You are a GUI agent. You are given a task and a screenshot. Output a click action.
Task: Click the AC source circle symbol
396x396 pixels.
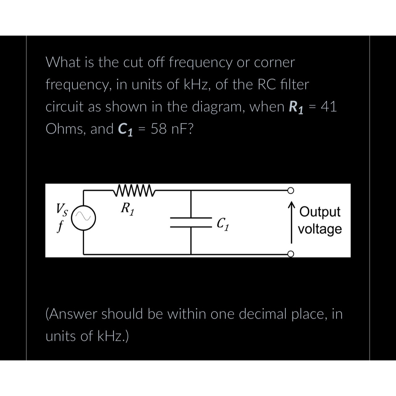[x=83, y=217]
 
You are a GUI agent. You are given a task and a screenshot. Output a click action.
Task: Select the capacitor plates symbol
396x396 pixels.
[x=191, y=222]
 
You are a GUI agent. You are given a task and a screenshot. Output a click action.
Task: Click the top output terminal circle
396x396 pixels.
[x=290, y=190]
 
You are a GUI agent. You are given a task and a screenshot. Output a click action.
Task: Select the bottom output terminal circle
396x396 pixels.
[x=290, y=254]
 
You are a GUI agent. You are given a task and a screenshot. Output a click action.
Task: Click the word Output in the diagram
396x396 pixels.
[x=320, y=212]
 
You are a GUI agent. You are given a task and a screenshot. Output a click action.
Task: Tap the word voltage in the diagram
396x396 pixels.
[x=320, y=229]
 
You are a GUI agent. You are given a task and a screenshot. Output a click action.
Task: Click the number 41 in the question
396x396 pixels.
[x=329, y=107]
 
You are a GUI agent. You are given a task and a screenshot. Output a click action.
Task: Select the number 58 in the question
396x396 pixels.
[x=159, y=129]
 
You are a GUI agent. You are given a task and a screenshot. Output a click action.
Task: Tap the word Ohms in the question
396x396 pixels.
[x=64, y=129]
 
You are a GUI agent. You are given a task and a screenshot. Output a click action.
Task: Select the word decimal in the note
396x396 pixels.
[x=263, y=314]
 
